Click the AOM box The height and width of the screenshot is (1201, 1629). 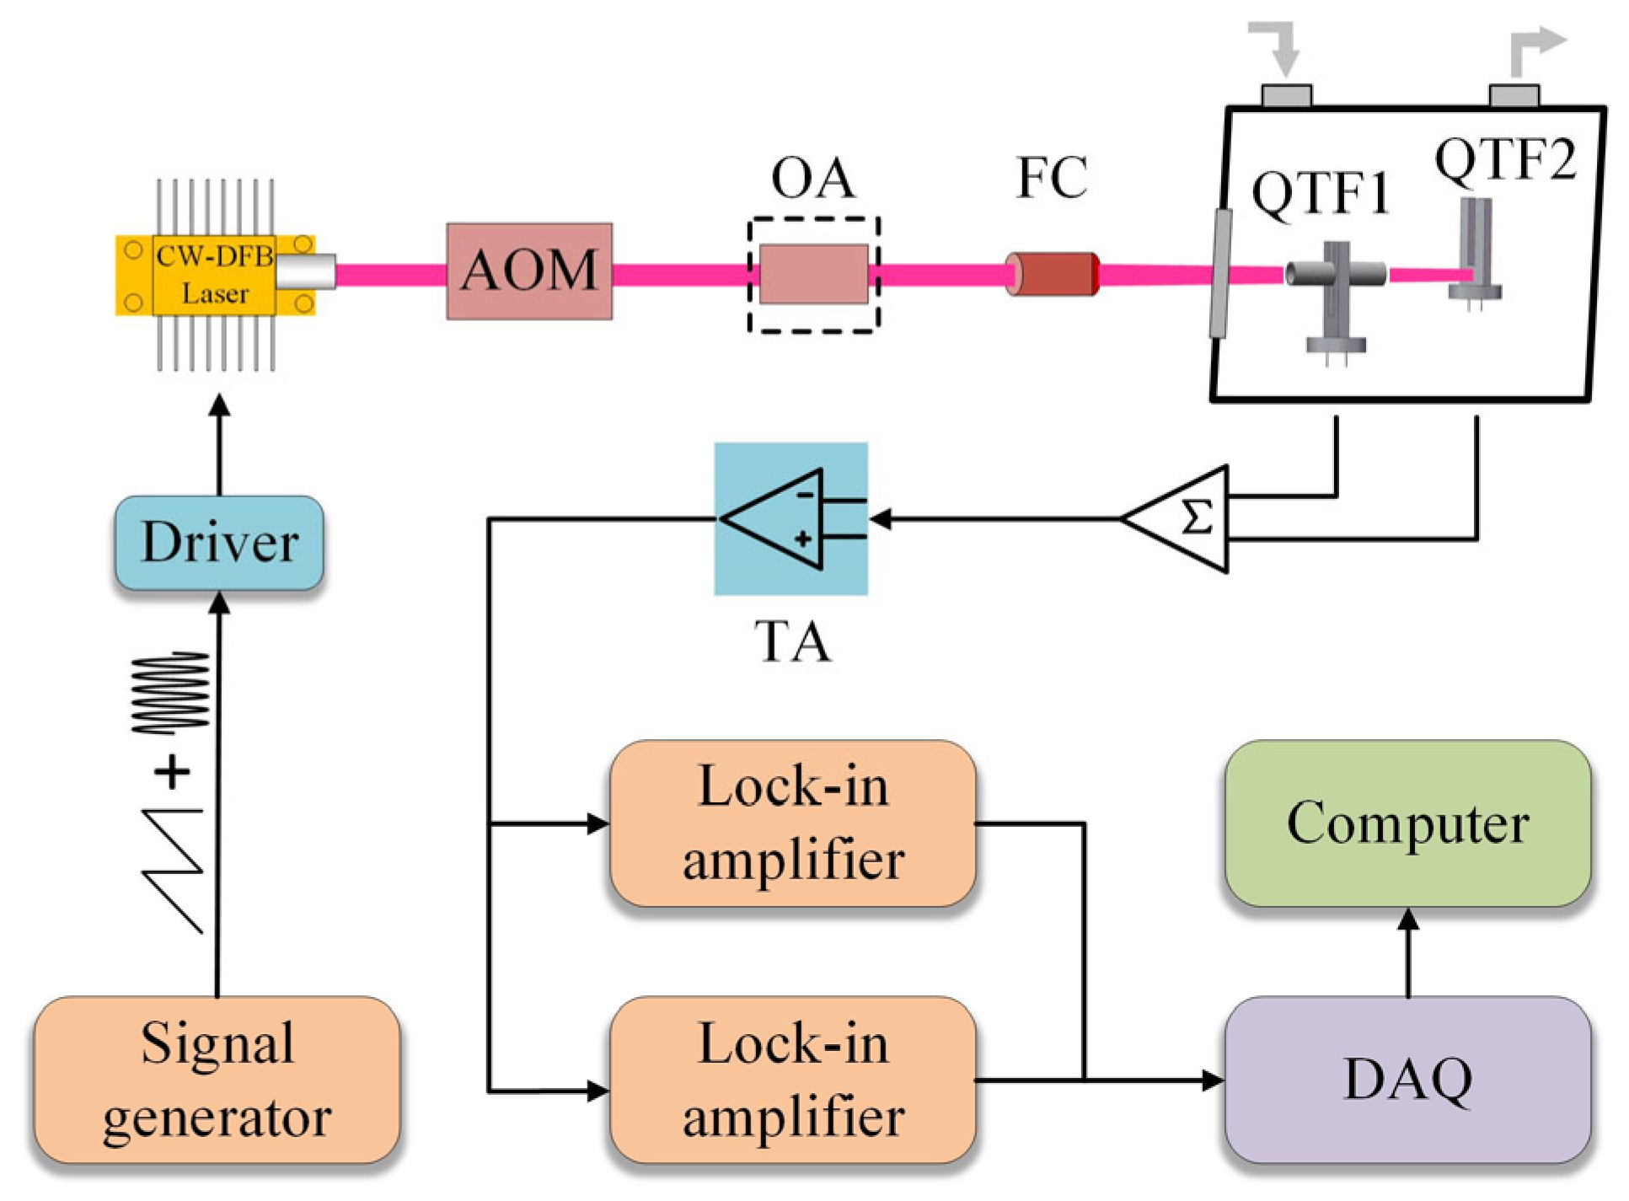point(528,271)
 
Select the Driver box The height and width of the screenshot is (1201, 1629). point(218,541)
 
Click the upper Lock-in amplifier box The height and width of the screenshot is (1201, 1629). point(792,823)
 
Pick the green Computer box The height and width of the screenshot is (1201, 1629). point(1407,823)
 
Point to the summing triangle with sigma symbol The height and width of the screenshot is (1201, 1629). point(1184,517)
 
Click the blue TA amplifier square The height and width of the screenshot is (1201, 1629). point(790,517)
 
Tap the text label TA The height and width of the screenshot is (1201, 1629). point(791,641)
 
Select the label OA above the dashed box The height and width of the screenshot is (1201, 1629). point(812,178)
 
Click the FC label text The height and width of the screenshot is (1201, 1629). point(1051,178)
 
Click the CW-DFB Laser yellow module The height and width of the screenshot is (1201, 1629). point(215,275)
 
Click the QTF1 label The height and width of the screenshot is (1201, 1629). point(1320,193)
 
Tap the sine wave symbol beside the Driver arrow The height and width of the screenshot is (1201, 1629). point(171,691)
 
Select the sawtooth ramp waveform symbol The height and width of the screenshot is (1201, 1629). point(174,868)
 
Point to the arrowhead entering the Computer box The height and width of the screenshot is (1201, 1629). point(1407,919)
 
